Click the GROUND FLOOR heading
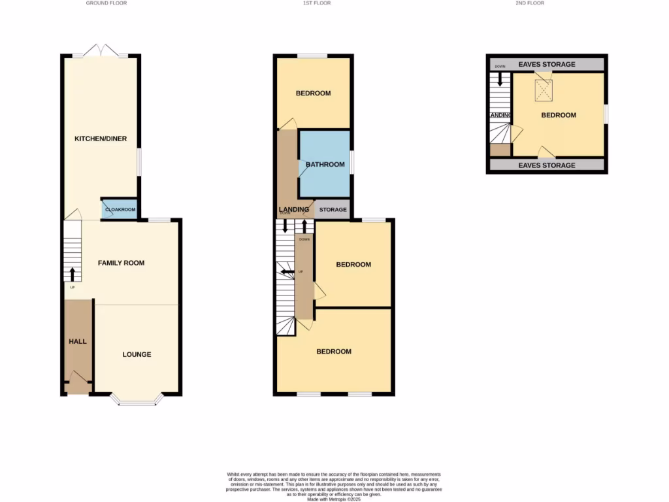(x=106, y=3)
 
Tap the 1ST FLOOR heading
(x=317, y=3)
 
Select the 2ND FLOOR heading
(x=530, y=3)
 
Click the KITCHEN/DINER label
(x=101, y=139)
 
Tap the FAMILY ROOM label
(x=122, y=263)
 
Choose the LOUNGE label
(x=137, y=354)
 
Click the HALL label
(x=78, y=341)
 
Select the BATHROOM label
(x=325, y=164)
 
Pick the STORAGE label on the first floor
(x=333, y=210)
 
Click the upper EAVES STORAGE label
(x=547, y=64)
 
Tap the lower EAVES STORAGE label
(x=547, y=165)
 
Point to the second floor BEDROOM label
(x=559, y=115)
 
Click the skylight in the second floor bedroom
(x=543, y=91)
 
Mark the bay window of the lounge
(x=137, y=399)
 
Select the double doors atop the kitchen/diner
(x=101, y=51)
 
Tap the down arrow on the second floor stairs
(x=500, y=79)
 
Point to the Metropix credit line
(x=334, y=499)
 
